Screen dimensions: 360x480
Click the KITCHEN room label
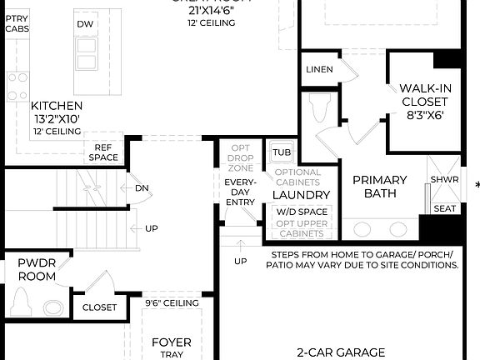pos(57,106)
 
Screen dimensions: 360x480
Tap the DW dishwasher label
pos(85,24)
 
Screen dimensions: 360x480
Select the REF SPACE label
pos(104,152)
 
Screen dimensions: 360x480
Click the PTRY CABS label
pos(16,22)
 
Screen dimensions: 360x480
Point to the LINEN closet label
pos(321,69)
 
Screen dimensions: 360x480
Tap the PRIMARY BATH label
pos(380,187)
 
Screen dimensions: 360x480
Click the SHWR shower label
pos(444,180)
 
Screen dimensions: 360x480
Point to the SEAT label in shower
pos(445,208)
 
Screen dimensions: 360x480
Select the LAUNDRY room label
pos(302,195)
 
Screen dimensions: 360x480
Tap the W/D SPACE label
pos(302,212)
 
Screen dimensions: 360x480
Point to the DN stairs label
pos(142,187)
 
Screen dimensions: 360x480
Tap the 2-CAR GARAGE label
pos(340,352)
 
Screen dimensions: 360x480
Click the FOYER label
pos(172,342)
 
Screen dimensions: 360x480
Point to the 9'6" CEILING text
pos(171,302)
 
